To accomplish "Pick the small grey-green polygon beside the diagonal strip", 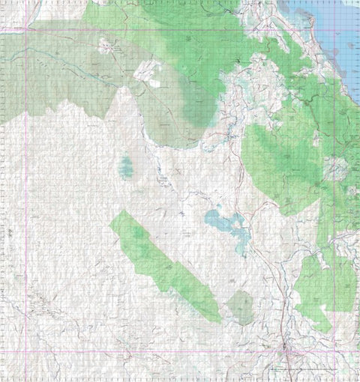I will pos(241,306).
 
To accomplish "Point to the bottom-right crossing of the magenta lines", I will pos(355,351).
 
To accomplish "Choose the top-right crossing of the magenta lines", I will pos(355,30).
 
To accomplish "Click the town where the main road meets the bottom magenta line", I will pos(286,351).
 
